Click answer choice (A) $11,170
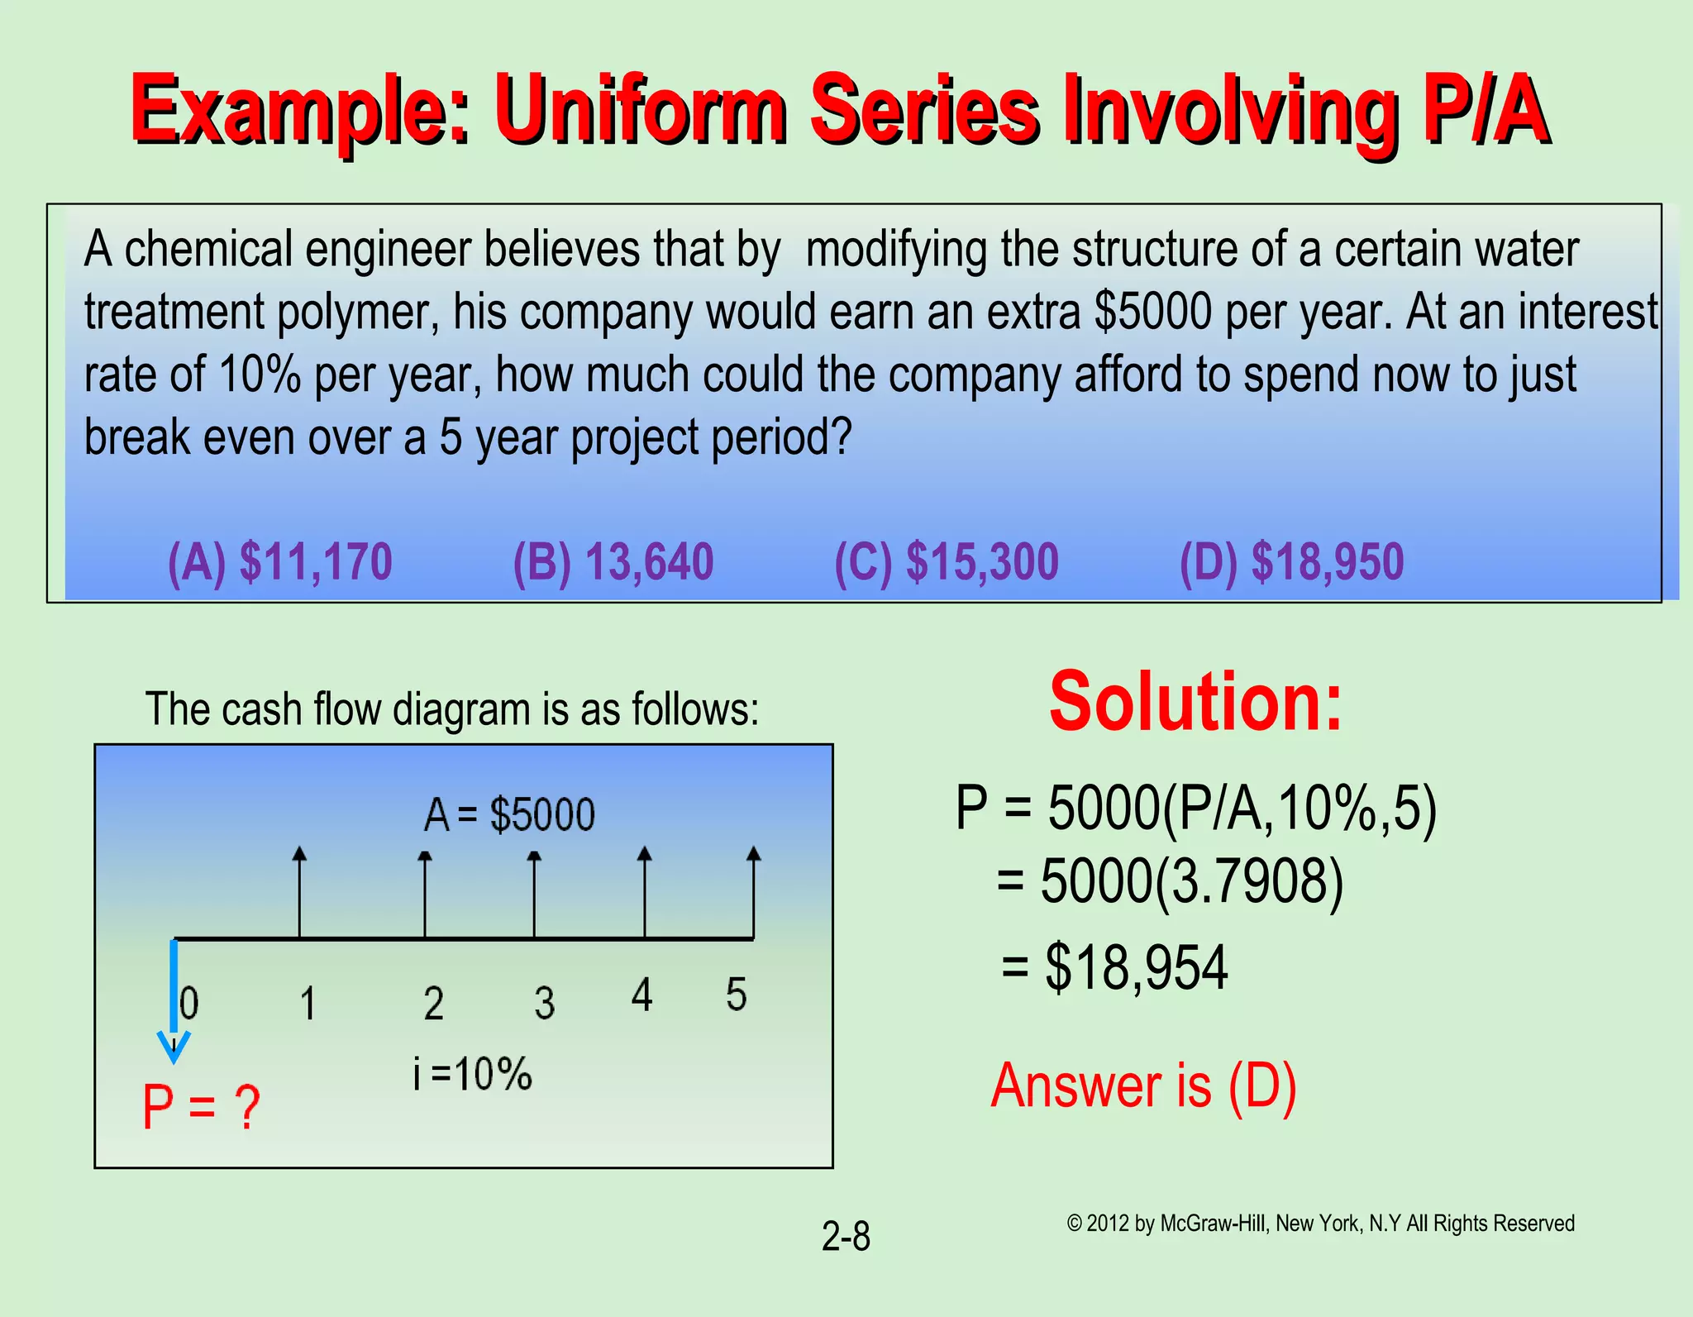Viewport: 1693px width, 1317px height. [x=279, y=563]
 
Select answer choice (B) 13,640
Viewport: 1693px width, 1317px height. [x=613, y=563]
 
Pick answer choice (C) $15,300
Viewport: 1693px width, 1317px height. [x=947, y=563]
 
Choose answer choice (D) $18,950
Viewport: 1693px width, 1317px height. [x=1291, y=563]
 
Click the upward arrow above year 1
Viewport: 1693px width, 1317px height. [x=300, y=893]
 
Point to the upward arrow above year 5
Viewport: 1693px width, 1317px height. [x=753, y=893]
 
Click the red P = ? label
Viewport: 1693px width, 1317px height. [x=201, y=1107]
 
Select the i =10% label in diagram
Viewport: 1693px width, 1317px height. [x=473, y=1074]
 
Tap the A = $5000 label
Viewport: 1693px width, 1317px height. [x=509, y=815]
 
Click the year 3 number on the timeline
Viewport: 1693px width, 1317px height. [x=544, y=1003]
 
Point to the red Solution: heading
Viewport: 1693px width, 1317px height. [x=1195, y=703]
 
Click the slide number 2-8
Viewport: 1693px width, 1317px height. [x=846, y=1237]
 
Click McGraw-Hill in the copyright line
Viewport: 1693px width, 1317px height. [x=1213, y=1224]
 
